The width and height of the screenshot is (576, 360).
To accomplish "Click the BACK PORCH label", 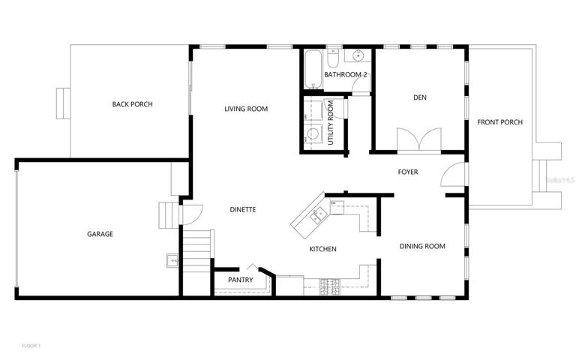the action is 132,104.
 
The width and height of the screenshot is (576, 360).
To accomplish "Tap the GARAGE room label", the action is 100,234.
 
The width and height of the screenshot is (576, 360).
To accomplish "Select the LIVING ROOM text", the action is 246,109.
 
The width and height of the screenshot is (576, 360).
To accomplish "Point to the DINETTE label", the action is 243,210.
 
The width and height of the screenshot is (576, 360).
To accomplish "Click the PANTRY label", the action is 241,280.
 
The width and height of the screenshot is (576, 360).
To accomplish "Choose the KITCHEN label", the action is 323,249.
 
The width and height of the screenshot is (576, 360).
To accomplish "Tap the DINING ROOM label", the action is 422,246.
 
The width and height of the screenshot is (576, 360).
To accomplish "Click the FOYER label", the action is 408,172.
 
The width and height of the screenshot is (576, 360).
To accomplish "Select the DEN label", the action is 420,97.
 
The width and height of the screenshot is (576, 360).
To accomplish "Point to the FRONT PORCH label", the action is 500,122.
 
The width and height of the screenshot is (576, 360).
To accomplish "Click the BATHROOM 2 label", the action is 345,75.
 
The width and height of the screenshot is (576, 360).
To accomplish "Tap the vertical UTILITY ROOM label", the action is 331,123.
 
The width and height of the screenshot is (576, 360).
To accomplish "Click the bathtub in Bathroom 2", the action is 313,69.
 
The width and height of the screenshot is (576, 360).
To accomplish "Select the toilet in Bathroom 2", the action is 333,58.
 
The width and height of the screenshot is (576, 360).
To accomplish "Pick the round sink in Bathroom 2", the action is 358,55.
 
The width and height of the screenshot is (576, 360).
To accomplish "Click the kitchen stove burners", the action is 329,287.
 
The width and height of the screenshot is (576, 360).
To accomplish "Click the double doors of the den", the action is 419,139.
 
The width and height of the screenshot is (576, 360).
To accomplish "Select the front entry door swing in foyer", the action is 453,175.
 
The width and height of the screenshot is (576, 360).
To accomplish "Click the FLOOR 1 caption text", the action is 31,346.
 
